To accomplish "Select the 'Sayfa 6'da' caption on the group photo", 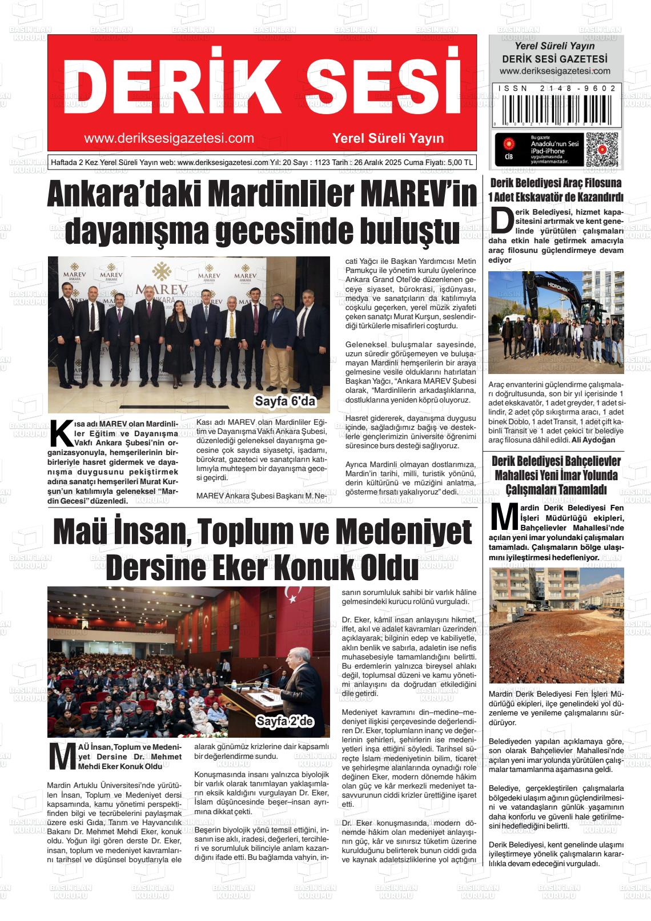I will point(285,401).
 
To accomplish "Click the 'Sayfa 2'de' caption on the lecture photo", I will point(285,722).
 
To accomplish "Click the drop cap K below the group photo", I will point(61,435).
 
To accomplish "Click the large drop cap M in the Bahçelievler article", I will point(503,516).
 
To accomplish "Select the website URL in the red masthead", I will point(168,138).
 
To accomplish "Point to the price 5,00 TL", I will point(460,162).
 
